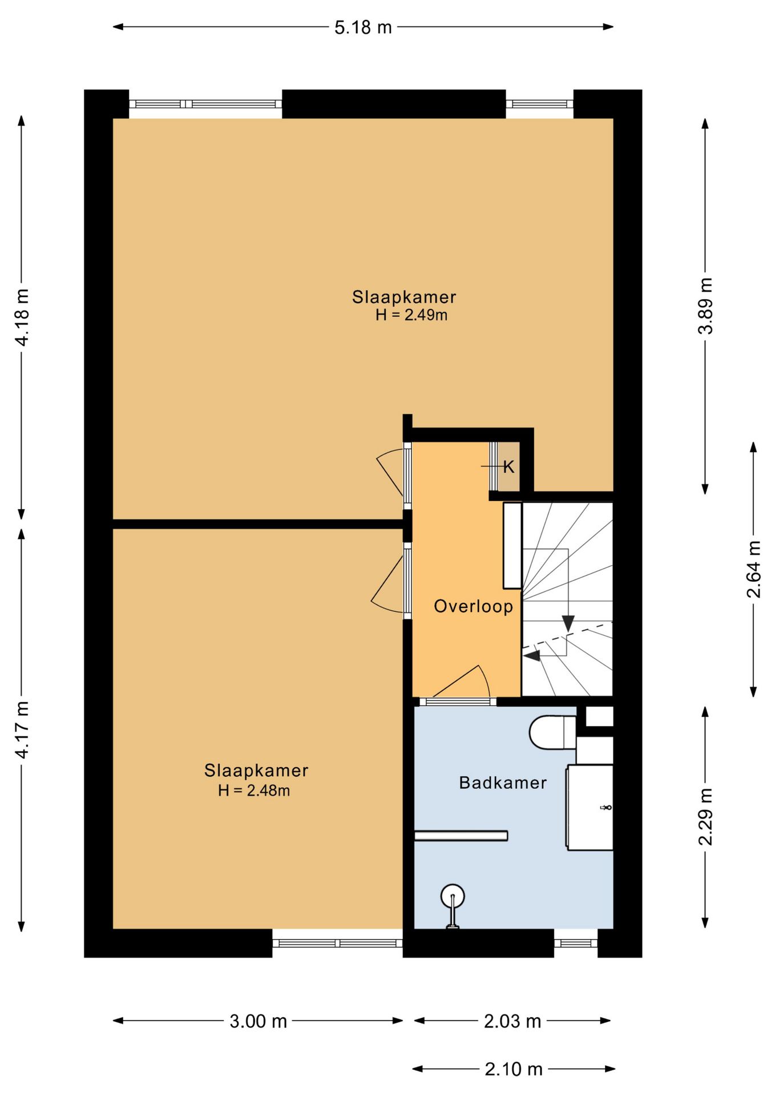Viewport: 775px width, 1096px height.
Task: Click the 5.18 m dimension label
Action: point(363,27)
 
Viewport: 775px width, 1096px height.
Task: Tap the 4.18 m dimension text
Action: point(22,317)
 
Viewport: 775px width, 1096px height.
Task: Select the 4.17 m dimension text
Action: point(22,730)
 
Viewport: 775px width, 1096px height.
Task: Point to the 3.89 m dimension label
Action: point(706,306)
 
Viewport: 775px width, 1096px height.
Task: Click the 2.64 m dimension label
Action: point(754,569)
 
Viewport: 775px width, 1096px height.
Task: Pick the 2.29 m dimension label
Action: point(706,816)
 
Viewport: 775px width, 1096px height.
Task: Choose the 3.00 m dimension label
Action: point(258,1021)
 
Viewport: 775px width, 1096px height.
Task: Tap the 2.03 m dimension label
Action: point(512,1021)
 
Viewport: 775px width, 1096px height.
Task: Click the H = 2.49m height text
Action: point(411,315)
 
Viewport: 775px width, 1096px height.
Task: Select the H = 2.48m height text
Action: point(254,791)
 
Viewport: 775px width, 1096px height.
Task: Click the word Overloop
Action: point(473,606)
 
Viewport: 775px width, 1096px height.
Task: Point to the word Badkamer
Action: point(503,783)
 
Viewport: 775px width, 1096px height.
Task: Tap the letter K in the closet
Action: point(508,467)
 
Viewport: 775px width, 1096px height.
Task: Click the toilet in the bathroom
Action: point(552,732)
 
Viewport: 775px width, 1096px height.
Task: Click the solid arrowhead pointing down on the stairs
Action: point(568,623)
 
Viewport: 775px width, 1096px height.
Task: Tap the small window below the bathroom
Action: point(576,943)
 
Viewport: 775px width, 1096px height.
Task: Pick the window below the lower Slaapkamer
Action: point(337,943)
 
